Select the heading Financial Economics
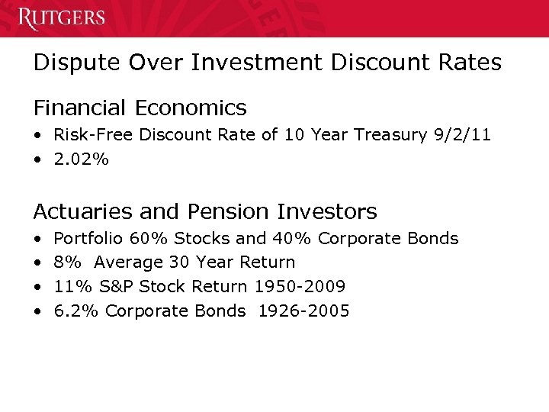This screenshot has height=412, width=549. pyautogui.click(x=140, y=108)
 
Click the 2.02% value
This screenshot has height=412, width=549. pyautogui.click(x=82, y=159)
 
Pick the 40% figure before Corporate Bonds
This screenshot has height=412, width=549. pyautogui.click(x=291, y=239)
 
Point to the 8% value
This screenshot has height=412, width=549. pyautogui.click(x=68, y=262)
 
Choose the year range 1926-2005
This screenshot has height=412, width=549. pyautogui.click(x=303, y=311)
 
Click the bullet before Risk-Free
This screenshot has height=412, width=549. pyautogui.click(x=37, y=136)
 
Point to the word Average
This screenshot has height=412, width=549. pyautogui.click(x=128, y=262)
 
